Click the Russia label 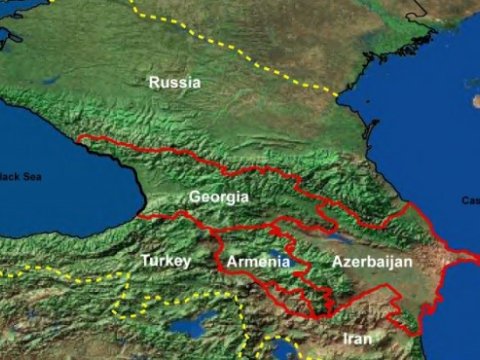click(174, 82)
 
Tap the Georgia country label click(218, 197)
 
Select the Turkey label click(166, 260)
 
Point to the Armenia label click(259, 262)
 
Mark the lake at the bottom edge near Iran click(283, 349)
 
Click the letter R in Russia click(154, 82)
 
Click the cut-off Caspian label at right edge click(472, 200)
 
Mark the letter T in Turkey click(146, 260)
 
